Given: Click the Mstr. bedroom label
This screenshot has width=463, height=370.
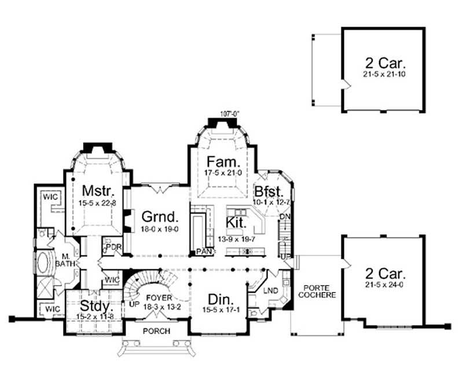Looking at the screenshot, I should click(93, 190).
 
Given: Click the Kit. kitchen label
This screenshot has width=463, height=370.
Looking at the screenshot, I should click(237, 222).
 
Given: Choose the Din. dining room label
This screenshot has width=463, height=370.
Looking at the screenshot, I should click(221, 300).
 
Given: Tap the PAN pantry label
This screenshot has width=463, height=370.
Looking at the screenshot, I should click(201, 252).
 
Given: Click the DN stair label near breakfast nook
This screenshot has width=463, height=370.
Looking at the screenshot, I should click(284, 216).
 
